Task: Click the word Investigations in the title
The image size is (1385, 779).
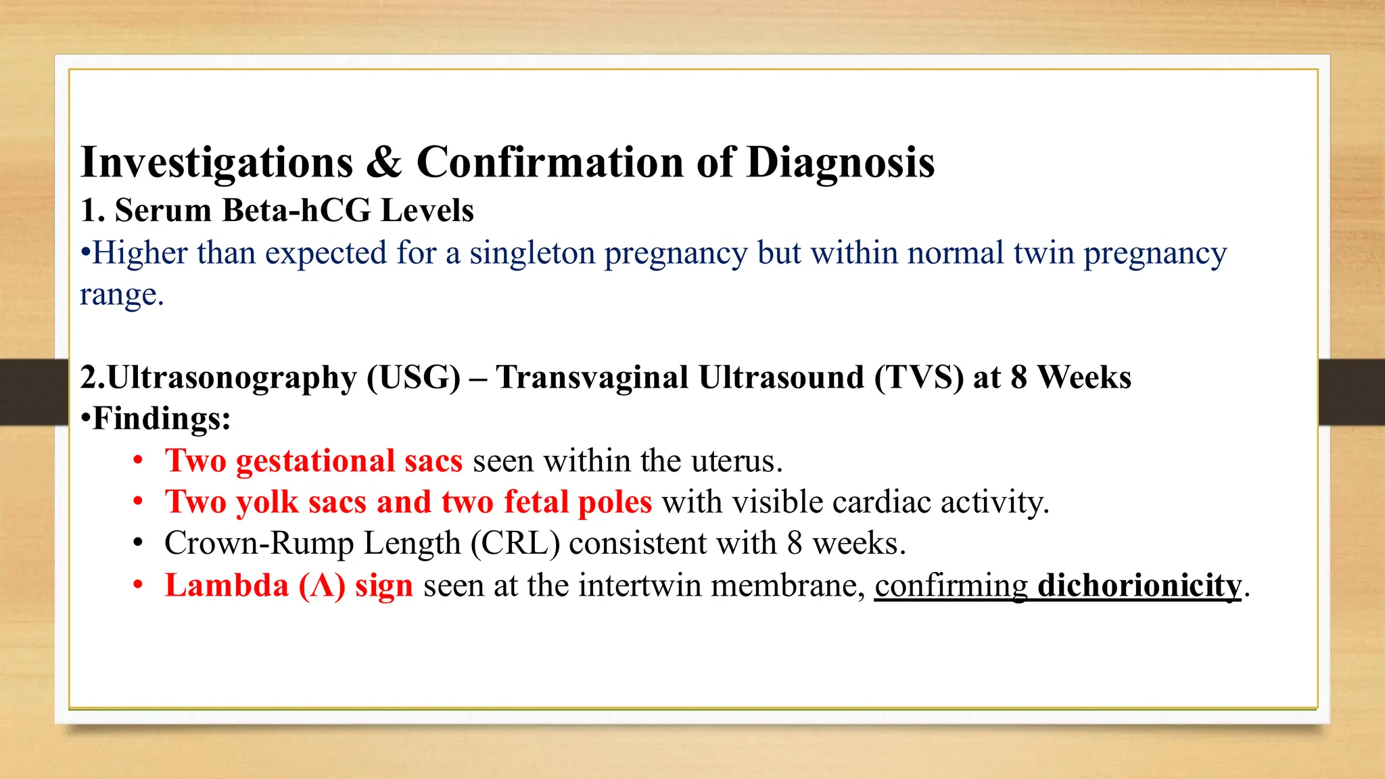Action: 216,163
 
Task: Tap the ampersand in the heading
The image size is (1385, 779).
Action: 384,163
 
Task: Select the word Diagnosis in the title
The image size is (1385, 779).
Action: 841,163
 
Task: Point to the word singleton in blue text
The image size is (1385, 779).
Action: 532,254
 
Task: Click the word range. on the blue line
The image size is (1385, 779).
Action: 122,295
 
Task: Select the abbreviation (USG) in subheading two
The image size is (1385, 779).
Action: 413,377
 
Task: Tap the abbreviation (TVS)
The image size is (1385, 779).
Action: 919,377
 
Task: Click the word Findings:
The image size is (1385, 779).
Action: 162,419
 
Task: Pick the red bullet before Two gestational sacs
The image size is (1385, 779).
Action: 138,461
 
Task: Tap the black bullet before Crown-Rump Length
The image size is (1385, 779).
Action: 138,544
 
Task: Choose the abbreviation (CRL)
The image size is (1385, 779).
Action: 515,544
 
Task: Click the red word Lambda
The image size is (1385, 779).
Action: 227,586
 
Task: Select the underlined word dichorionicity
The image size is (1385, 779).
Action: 1140,586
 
